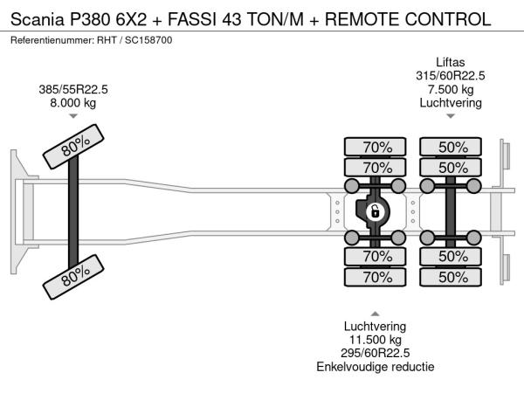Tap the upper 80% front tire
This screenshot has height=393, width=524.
pyautogui.click(x=73, y=149)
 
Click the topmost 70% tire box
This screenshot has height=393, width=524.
pyautogui.click(x=376, y=147)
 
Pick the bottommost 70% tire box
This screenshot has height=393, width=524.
pyautogui.click(x=376, y=277)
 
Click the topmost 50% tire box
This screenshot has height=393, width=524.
pyautogui.click(x=452, y=147)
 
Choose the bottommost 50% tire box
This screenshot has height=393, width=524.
pyautogui.click(x=452, y=277)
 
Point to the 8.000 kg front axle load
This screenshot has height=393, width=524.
pyautogui.click(x=72, y=102)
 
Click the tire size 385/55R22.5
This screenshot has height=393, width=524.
pyautogui.click(x=72, y=89)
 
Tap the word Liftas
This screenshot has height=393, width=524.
pyautogui.click(x=452, y=62)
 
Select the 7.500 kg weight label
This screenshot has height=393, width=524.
pyautogui.click(x=452, y=89)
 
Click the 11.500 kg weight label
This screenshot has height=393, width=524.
pyautogui.click(x=376, y=339)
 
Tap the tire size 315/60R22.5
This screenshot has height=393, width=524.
pyautogui.click(x=452, y=75)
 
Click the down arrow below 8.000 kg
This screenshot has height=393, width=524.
pyautogui.click(x=72, y=116)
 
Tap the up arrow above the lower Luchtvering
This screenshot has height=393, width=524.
pyautogui.click(x=376, y=313)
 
